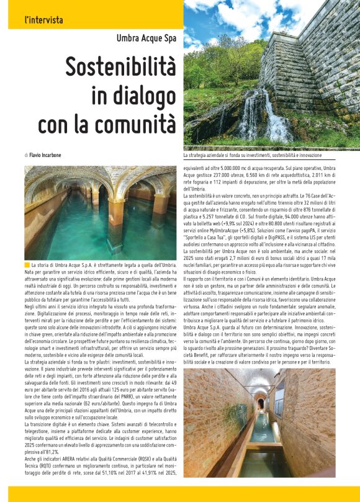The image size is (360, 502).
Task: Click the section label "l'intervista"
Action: pos(43,20)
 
